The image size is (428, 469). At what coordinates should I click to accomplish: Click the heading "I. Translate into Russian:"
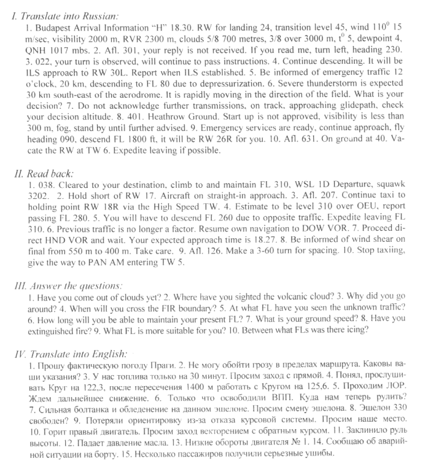tap(64, 17)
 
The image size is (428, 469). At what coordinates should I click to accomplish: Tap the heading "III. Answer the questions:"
tap(68, 285)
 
